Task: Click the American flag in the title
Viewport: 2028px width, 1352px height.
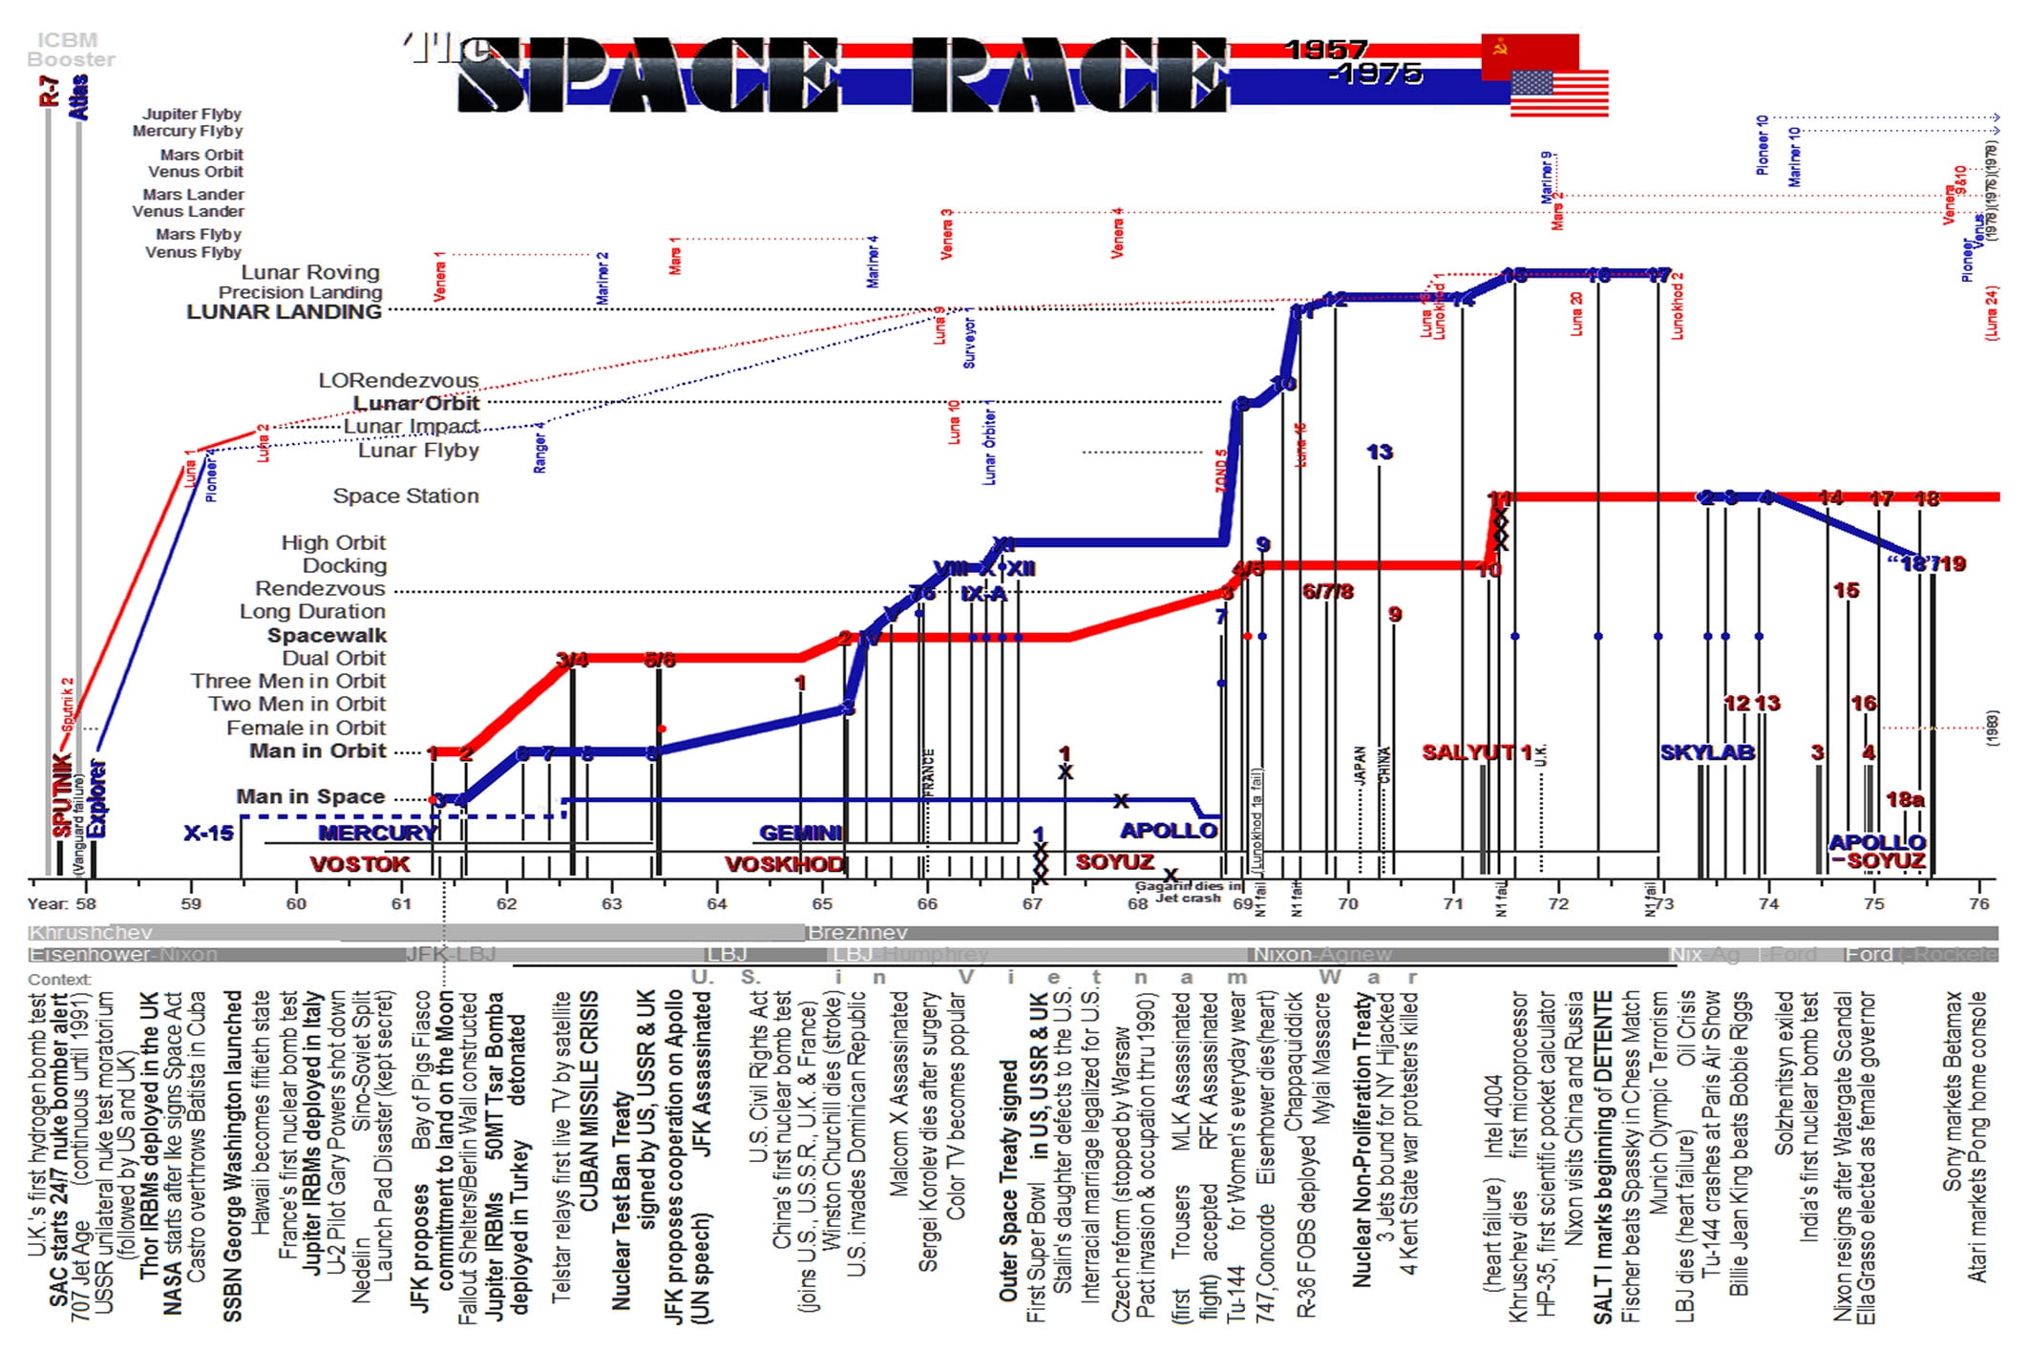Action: click(1559, 94)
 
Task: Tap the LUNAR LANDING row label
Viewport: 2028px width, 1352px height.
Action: click(284, 312)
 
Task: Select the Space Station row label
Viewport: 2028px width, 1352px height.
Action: click(406, 496)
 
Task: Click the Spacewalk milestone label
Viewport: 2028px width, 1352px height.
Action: click(327, 636)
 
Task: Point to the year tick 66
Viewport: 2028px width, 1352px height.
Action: click(926, 903)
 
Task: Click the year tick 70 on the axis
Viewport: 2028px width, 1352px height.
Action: click(1347, 903)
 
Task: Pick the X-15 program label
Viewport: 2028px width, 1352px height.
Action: click(208, 834)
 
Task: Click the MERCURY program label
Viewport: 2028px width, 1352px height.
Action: click(376, 834)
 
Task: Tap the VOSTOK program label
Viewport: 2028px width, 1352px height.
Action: click(359, 865)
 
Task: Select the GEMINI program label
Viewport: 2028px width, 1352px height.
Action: click(800, 834)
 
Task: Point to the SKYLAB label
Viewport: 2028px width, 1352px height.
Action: click(1707, 752)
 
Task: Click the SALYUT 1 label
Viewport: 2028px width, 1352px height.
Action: click(1476, 752)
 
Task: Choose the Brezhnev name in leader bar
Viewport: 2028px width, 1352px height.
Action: click(857, 933)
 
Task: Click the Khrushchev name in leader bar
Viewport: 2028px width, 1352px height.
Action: click(91, 933)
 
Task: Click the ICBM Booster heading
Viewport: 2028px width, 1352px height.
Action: click(70, 50)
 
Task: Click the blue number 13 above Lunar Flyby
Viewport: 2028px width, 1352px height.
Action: click(1379, 452)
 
